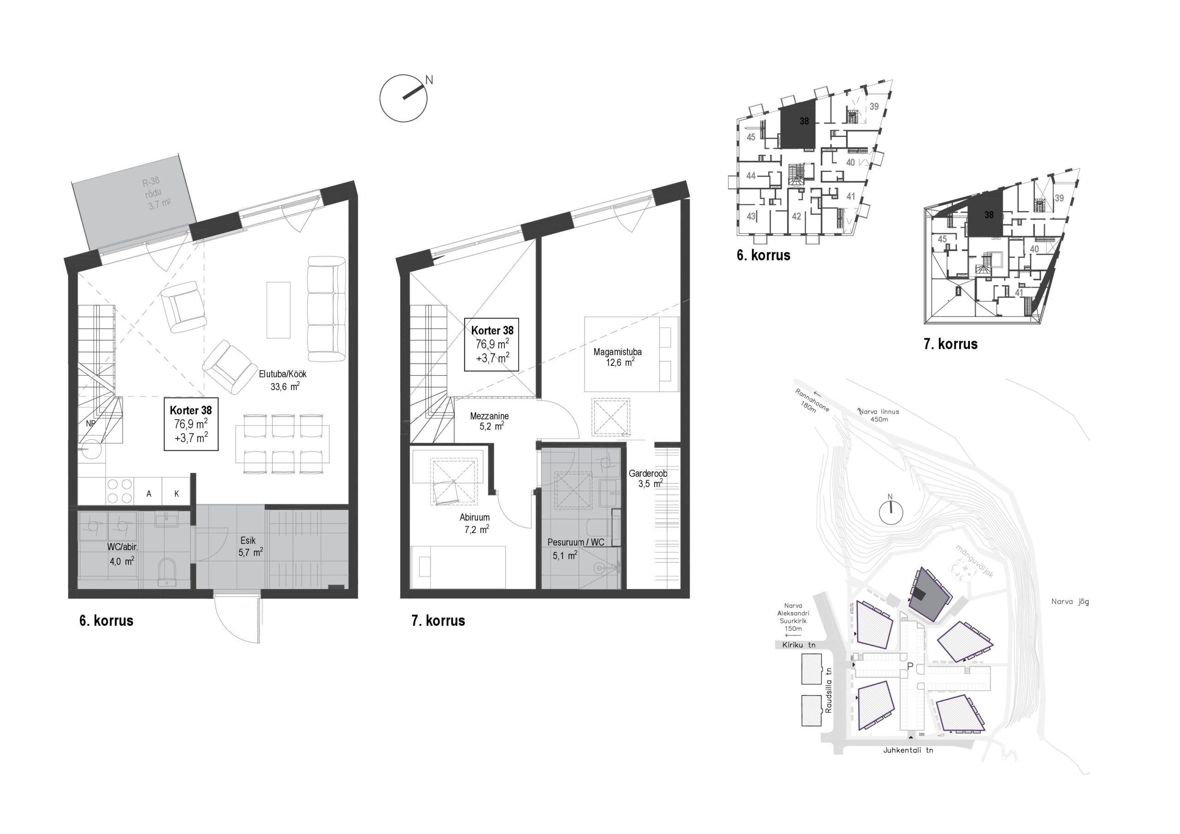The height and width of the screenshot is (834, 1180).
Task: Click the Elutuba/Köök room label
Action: [x=283, y=374]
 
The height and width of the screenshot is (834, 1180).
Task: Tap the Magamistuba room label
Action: [x=617, y=352]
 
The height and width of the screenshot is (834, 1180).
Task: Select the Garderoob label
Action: [x=648, y=473]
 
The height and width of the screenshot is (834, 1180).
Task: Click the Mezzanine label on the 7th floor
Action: [x=489, y=416]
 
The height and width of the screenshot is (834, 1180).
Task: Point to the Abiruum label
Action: [x=474, y=517]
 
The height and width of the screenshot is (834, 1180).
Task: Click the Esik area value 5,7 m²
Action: [x=250, y=552]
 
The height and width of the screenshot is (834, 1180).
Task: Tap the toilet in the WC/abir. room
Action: [x=167, y=572]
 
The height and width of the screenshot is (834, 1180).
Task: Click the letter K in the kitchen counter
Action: [x=177, y=494]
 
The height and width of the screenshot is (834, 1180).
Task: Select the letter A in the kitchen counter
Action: [x=148, y=494]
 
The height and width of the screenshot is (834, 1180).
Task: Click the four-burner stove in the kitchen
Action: [x=120, y=491]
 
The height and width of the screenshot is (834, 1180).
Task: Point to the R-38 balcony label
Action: [x=151, y=181]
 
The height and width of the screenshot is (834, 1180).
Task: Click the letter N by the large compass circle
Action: [x=429, y=80]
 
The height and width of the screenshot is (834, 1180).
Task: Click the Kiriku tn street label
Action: [x=799, y=645]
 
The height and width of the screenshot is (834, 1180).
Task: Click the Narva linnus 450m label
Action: [x=879, y=415]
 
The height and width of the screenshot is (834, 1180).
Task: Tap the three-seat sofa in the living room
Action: [x=326, y=309]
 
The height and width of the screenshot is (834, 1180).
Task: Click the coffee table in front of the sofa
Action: [x=278, y=310]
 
